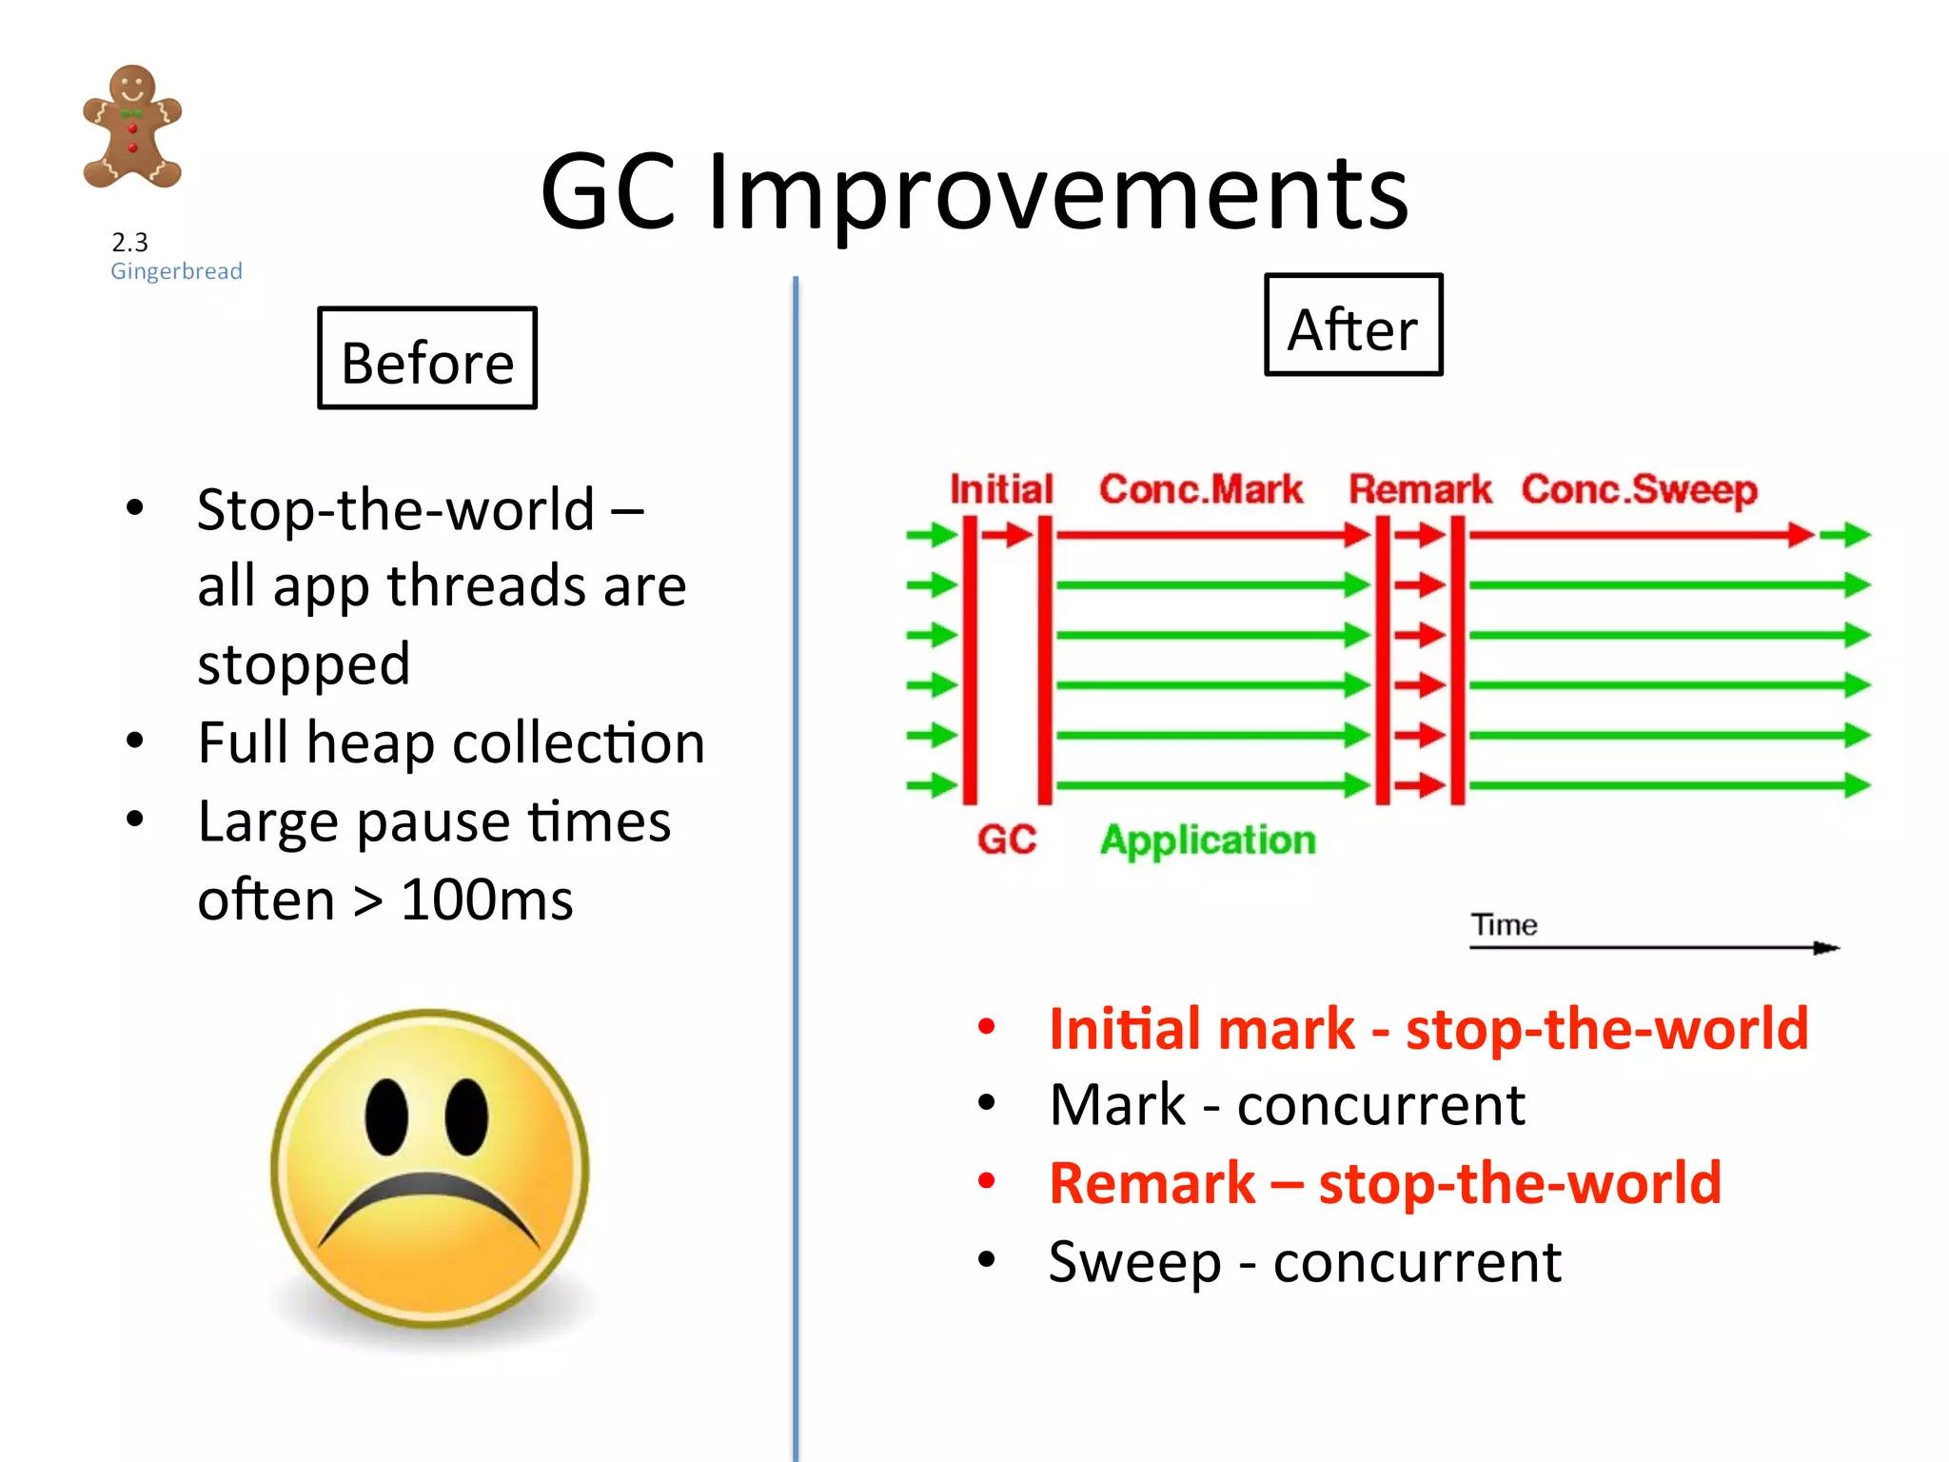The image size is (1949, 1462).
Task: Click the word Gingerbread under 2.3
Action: click(x=176, y=271)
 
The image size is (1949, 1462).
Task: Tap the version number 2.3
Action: click(x=129, y=242)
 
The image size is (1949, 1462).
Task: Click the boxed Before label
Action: click(x=427, y=359)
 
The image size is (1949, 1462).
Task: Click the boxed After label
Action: click(x=1352, y=326)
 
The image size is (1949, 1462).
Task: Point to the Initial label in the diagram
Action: click(x=1001, y=489)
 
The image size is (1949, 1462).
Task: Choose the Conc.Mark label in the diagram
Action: click(x=1200, y=489)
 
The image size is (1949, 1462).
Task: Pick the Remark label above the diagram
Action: click(x=1419, y=489)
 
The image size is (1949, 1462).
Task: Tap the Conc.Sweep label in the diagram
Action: click(x=1638, y=490)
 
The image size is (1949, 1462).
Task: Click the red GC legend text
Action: click(x=1007, y=840)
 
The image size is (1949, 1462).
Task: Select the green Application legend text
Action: click(x=1208, y=840)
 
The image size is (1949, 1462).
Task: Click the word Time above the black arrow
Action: click(x=1504, y=925)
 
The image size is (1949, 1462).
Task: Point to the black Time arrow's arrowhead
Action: click(x=1827, y=948)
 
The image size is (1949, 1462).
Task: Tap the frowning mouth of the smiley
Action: click(x=428, y=1206)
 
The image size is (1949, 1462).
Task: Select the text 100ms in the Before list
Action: click(x=486, y=899)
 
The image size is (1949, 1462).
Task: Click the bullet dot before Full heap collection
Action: click(x=135, y=741)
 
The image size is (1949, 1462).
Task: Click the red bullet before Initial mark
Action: click(x=986, y=1026)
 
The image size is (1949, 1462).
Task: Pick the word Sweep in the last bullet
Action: click(x=1134, y=1263)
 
